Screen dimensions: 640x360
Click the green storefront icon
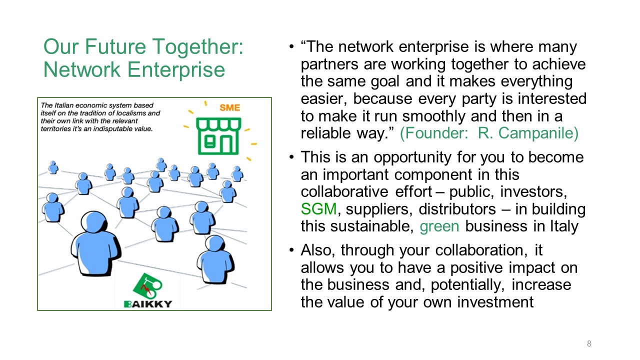tap(218, 136)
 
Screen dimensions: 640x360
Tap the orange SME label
tap(229, 107)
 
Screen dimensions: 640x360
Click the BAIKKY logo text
tap(148, 304)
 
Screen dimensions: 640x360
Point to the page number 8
tap(589, 343)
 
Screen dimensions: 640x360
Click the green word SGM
tap(319, 209)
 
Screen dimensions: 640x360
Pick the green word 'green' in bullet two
tap(439, 227)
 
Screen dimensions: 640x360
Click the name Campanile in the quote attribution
tap(528, 133)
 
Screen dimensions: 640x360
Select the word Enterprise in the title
tap(176, 69)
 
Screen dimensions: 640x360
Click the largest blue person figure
tap(95, 243)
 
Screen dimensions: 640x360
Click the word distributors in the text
tap(457, 209)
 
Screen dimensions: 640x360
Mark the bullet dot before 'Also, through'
tap(291, 250)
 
